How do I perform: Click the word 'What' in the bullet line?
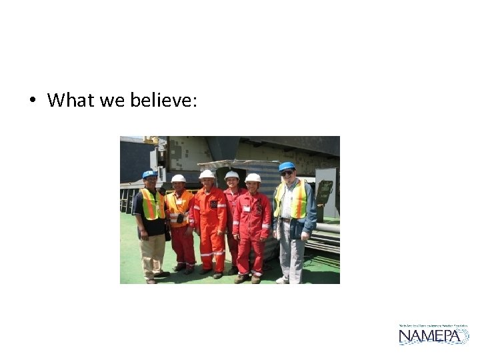[71, 101]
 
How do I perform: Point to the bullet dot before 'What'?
[31, 101]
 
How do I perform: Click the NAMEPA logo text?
[433, 336]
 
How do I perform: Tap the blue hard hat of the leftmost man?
[149, 174]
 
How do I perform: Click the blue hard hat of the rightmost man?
[287, 166]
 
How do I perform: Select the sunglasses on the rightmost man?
[287, 173]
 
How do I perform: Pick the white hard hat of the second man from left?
[178, 178]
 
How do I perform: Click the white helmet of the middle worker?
[207, 174]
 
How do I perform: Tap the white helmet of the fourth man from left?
[231, 175]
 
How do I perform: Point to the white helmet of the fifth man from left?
[253, 177]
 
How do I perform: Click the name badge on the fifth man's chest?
[246, 208]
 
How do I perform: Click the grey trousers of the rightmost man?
[291, 253]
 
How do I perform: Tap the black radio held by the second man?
[180, 218]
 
